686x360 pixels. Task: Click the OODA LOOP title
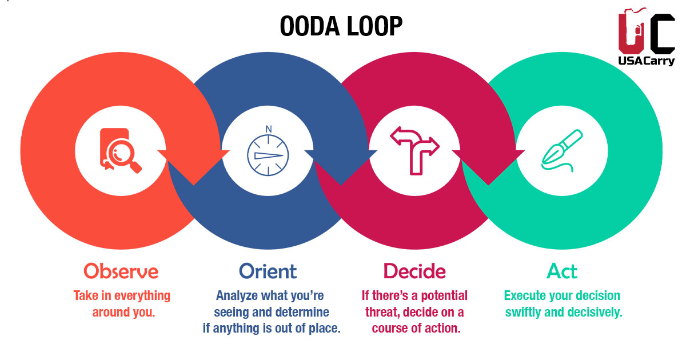tap(342, 26)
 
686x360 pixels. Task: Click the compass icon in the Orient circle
tap(268, 155)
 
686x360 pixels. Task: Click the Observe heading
tap(121, 270)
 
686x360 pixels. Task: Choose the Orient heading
tap(268, 270)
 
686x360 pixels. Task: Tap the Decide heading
tap(414, 270)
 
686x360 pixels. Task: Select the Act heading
tap(562, 270)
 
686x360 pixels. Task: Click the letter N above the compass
tap(268, 129)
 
